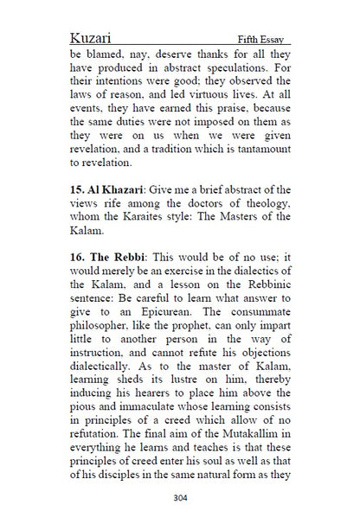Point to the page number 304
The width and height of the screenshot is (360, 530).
[179, 497]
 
